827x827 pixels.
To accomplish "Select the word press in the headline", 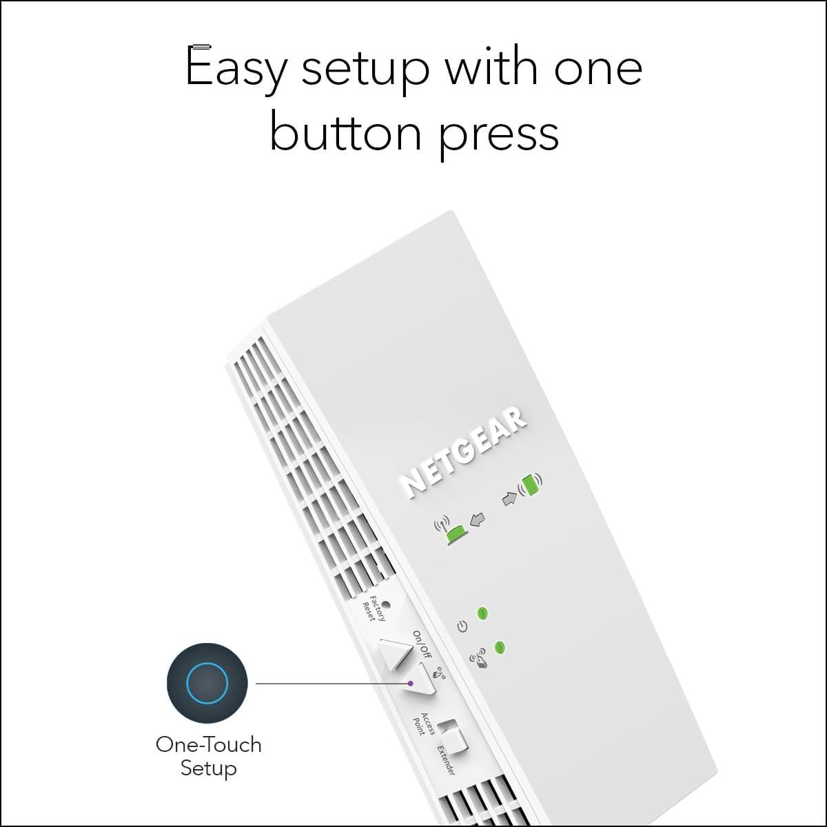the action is point(500,136).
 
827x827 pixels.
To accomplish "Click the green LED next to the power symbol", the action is point(482,613).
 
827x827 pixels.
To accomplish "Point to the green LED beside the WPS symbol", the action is point(500,647).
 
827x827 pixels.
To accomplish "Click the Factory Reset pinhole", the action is point(385,604).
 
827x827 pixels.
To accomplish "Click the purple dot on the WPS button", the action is point(411,683).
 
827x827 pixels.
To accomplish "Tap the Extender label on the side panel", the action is point(446,773).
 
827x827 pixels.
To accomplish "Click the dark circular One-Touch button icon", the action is point(207,683).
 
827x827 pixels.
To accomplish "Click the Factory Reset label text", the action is point(374,609).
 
